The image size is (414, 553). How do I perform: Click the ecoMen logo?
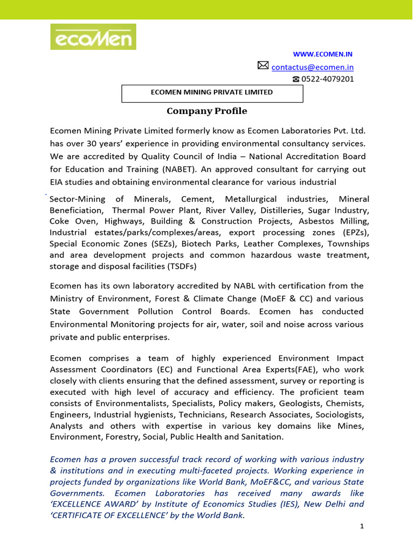pos(93,37)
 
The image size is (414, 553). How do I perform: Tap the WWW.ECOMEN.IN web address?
pos(322,55)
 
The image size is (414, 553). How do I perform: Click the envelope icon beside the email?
pos(263,66)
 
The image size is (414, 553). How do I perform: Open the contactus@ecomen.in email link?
pos(313,68)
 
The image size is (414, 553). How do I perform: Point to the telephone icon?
pos(296,79)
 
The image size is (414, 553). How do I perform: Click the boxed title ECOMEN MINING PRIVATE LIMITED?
pos(212,92)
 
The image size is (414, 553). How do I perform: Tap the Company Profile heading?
pos(207,111)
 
